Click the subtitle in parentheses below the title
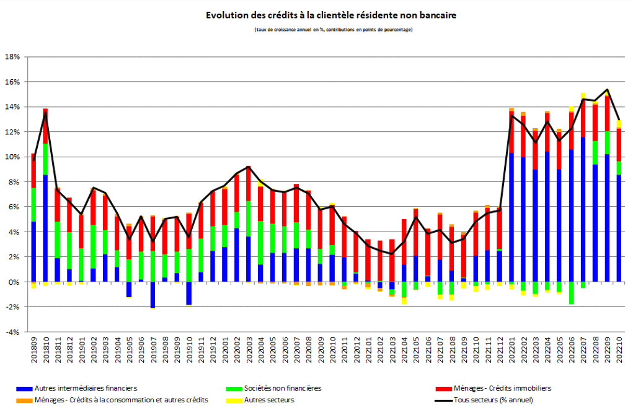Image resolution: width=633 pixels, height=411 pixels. (332, 30)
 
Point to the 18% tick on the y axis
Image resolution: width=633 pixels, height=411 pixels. (13, 57)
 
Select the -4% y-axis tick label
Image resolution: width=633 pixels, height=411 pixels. (13, 332)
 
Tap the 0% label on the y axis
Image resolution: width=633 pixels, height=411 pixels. (15, 282)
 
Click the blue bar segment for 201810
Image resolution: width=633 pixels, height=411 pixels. (45, 229)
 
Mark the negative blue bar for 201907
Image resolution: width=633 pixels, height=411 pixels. (153, 295)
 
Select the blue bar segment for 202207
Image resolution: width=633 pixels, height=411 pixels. (583, 210)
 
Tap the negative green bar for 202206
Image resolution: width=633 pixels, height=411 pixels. (571, 293)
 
